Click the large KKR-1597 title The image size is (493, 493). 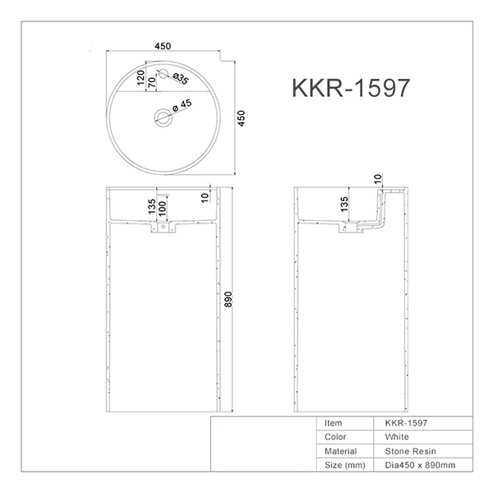pos(351,88)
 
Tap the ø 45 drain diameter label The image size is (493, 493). pos(182,105)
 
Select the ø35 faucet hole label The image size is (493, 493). pos(181,79)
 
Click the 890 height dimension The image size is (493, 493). pos(228,299)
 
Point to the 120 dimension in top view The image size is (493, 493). pos(141,77)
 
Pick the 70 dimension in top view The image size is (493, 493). pos(152,82)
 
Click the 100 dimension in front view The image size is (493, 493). pos(162,209)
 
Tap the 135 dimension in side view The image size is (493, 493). pos(344,204)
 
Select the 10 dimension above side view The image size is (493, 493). pos(378,178)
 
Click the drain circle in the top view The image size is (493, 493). pos(164,117)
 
